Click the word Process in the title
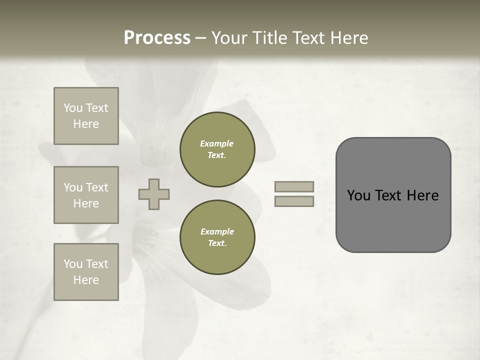157,38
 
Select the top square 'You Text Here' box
86,116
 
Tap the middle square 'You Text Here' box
86,195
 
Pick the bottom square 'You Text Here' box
86,272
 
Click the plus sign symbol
154,194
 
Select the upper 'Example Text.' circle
217,149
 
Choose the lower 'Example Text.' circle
217,237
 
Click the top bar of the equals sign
294,186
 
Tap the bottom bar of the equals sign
294,201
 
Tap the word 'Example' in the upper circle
217,143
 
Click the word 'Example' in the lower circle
217,231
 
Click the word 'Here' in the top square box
86,124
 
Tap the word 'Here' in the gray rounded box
422,195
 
